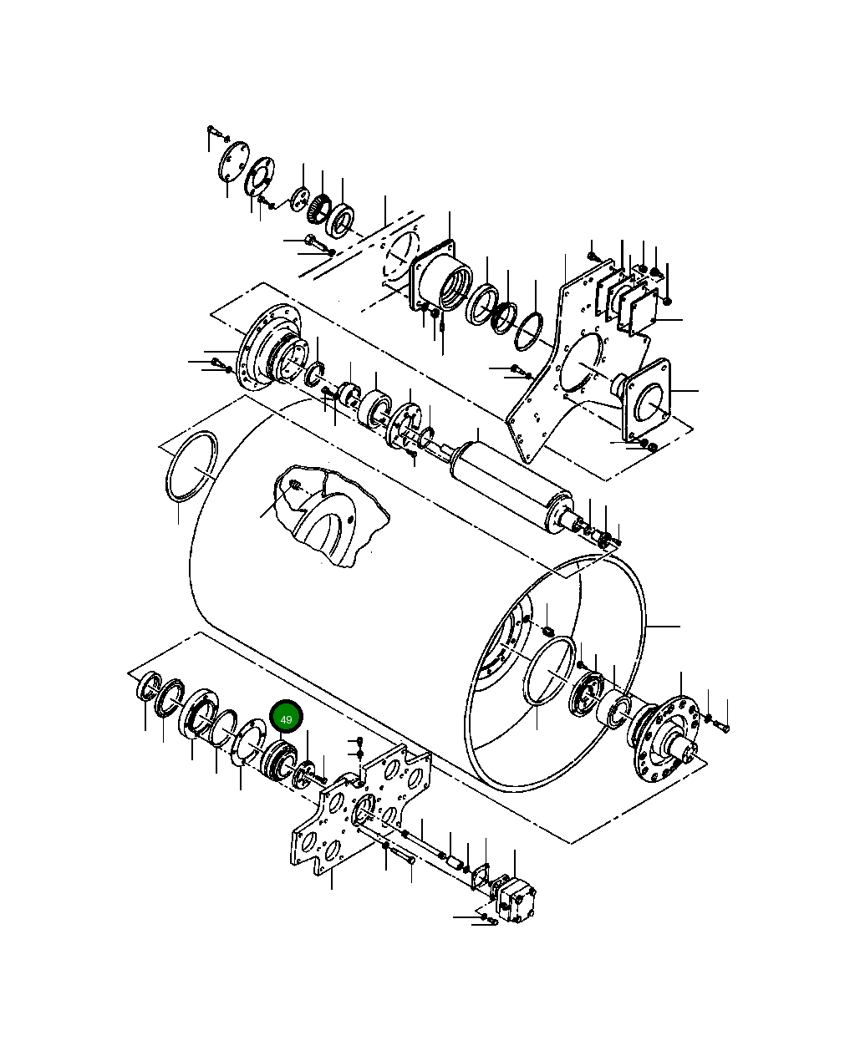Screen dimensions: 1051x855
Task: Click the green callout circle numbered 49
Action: click(x=286, y=718)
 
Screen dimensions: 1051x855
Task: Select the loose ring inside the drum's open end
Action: click(x=549, y=672)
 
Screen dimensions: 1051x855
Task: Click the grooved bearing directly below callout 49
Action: click(x=277, y=759)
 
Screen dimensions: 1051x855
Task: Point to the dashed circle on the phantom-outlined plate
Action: click(x=400, y=254)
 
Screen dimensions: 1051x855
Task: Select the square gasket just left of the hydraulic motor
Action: click(x=481, y=877)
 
